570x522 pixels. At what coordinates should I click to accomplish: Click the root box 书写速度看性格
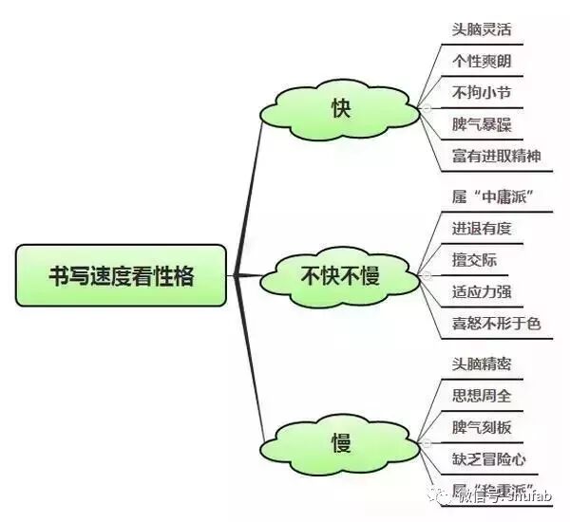coord(121,275)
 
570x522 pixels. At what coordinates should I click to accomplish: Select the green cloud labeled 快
coord(341,109)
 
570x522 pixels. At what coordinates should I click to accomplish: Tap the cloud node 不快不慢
coord(340,276)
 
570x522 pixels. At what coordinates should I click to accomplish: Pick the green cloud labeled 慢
coord(341,442)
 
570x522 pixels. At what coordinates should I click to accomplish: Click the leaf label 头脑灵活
coord(482,28)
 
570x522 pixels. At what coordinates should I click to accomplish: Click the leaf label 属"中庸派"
coord(490,196)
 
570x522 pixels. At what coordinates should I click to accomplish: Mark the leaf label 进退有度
coord(482,228)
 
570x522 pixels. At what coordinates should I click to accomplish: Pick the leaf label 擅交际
coord(474,260)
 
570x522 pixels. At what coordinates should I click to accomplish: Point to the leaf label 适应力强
coord(482,291)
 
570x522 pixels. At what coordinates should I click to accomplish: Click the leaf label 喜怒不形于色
coord(497,324)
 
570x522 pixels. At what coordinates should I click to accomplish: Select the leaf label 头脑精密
coord(482,362)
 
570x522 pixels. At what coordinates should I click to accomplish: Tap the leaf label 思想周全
coord(482,394)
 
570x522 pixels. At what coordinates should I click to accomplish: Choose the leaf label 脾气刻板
coord(482,426)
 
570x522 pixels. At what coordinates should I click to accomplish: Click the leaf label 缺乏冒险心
coord(489,458)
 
